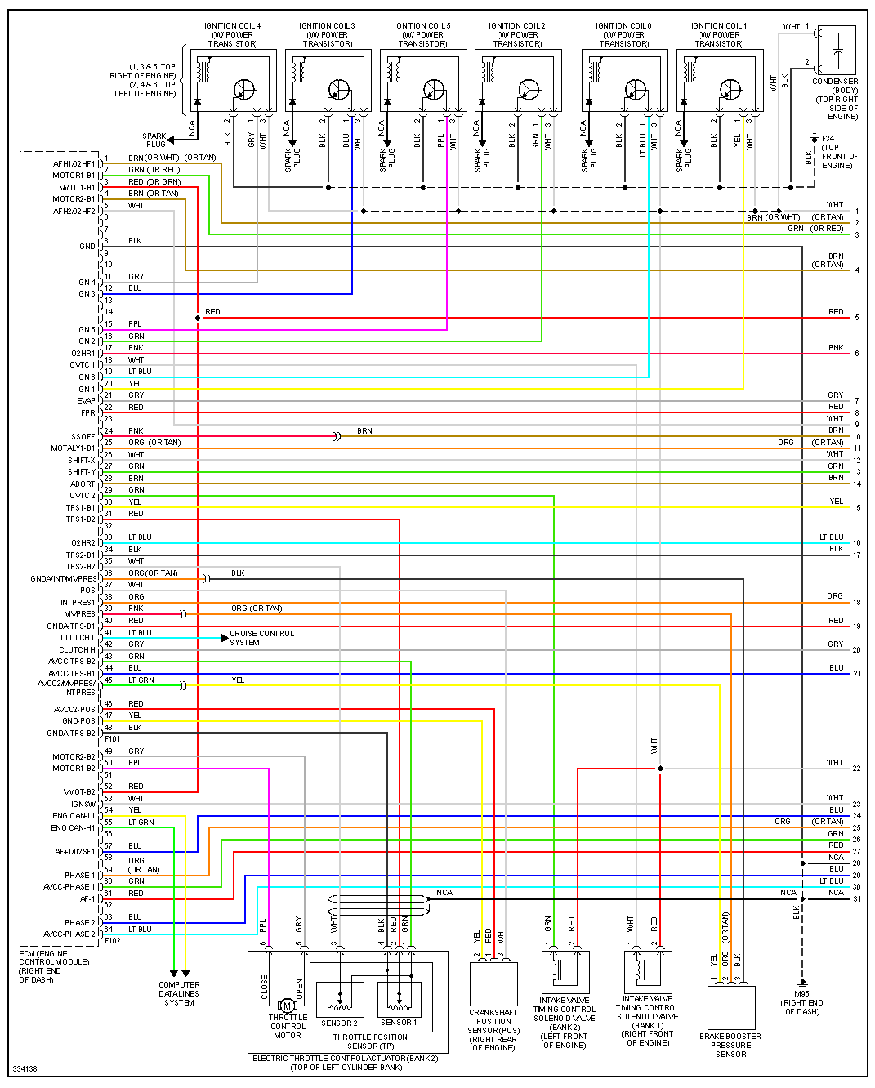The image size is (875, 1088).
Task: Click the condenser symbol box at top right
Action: pyautogui.click(x=837, y=51)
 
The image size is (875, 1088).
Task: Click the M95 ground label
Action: pyautogui.click(x=801, y=1002)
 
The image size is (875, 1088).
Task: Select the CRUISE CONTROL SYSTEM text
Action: pyautogui.click(x=261, y=638)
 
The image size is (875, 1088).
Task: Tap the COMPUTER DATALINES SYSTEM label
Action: pyautogui.click(x=179, y=993)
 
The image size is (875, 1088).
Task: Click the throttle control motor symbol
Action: pyautogui.click(x=286, y=1006)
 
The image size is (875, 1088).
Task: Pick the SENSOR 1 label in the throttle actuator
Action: pyautogui.click(x=398, y=1023)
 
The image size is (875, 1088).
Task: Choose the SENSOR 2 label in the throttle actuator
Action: pyautogui.click(x=339, y=1023)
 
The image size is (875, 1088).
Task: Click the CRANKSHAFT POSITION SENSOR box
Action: pyautogui.click(x=493, y=983)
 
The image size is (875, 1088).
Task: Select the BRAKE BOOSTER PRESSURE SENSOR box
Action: pyautogui.click(x=730, y=1007)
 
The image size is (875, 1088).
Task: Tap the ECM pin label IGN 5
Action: pyautogui.click(x=86, y=330)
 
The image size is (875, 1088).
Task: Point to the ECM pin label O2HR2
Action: pyautogui.click(x=83, y=543)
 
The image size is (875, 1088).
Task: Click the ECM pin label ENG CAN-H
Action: pyautogui.click(x=74, y=828)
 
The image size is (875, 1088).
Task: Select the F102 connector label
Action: pyautogui.click(x=113, y=941)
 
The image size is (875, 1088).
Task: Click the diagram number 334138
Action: pyautogui.click(x=25, y=1069)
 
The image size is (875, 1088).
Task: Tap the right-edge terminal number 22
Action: pyautogui.click(x=856, y=769)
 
